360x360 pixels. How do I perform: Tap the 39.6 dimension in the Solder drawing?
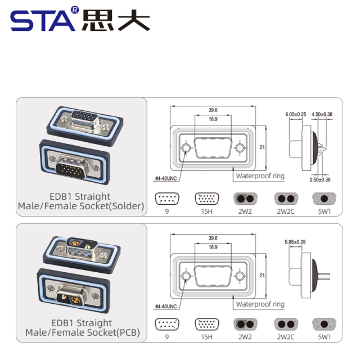point(213,110)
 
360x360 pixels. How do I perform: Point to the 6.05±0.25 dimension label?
point(296,115)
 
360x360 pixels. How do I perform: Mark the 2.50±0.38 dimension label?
point(319,179)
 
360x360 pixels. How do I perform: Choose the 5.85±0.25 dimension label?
point(296,242)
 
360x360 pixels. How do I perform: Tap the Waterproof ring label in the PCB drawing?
point(260,304)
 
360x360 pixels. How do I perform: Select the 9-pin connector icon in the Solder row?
point(166,199)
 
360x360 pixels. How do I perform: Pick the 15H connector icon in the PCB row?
point(206,325)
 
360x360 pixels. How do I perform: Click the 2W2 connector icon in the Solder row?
point(245,199)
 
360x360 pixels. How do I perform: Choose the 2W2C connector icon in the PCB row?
point(285,325)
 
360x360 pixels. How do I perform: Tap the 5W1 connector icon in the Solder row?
point(325,199)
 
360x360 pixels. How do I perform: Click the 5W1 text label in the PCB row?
point(325,337)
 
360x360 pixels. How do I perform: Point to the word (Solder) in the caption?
point(127,206)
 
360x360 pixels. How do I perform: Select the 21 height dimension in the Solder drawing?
point(262,147)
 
